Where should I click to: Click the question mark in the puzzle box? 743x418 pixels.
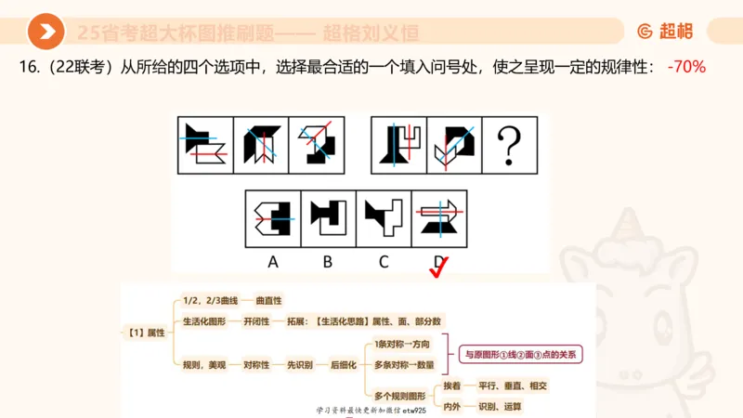point(510,144)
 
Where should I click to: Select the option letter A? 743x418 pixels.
point(273,262)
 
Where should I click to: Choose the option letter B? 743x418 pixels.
point(328,262)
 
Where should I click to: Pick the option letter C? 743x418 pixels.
point(383,262)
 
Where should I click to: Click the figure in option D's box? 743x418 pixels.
point(438,219)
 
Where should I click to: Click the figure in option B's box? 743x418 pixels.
point(328,219)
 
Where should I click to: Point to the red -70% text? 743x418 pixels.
point(686,67)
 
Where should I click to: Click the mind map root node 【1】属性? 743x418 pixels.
point(143,332)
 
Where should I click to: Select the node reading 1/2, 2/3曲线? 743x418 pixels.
point(211,300)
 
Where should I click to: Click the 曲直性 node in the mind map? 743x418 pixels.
point(268,300)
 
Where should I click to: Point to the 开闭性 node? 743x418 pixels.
point(256,321)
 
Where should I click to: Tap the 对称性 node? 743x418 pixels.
point(256,365)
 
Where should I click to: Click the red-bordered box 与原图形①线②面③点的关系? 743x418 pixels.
point(519,354)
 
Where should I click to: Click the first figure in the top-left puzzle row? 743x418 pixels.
point(204,144)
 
